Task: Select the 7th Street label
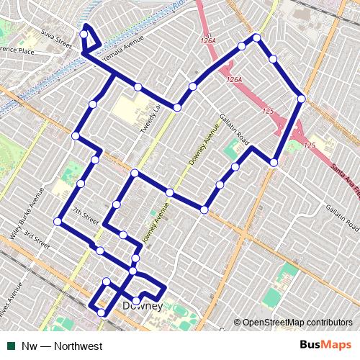(x=85, y=215)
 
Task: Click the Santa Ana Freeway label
(x=345, y=177)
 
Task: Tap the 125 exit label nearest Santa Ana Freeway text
(x=310, y=146)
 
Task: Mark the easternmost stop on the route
(x=301, y=99)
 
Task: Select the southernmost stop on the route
(x=101, y=312)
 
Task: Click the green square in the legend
(x=11, y=346)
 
